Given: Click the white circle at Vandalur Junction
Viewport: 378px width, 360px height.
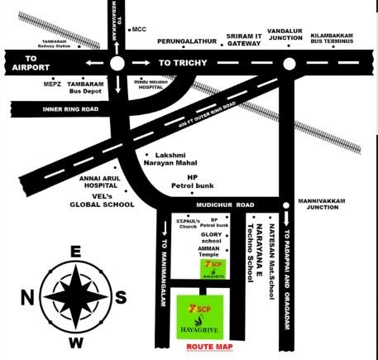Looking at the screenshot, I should click(x=289, y=64).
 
